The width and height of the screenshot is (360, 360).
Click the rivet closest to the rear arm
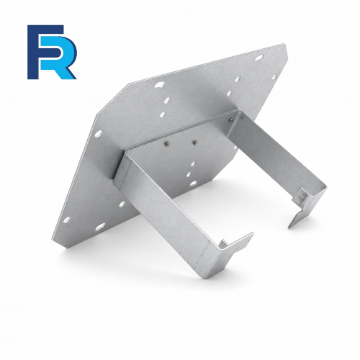(230, 121)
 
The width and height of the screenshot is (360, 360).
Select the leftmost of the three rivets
(166, 144)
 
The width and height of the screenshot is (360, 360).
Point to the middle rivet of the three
(194, 143)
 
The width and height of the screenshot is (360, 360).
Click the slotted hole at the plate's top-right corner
(259, 58)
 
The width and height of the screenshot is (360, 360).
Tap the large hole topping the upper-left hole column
(159, 85)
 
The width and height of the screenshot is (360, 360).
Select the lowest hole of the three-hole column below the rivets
(193, 184)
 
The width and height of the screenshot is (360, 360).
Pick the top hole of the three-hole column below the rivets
(193, 164)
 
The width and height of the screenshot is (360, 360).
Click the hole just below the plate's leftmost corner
(99, 134)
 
